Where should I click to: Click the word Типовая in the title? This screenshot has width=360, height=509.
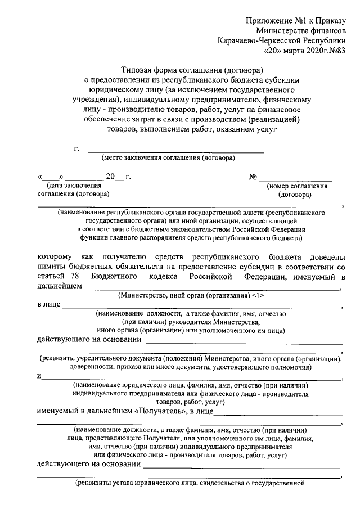(x=139, y=70)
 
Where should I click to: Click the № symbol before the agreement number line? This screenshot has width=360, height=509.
(x=253, y=177)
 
